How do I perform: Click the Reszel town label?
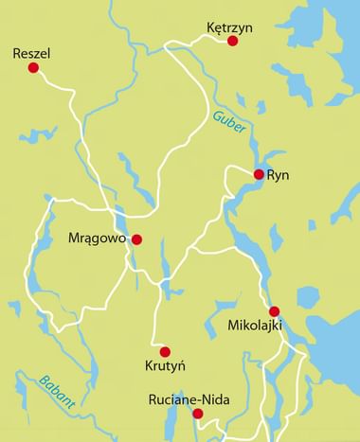(31, 53)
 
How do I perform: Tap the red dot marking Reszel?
(32, 68)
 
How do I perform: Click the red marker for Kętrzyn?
(232, 41)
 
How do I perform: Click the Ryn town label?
(278, 176)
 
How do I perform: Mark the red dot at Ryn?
(259, 174)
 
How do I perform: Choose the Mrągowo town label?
(99, 239)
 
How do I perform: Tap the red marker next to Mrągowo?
(136, 239)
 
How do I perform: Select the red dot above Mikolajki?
(274, 311)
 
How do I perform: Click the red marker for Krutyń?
(165, 351)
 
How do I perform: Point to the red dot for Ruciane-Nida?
(198, 414)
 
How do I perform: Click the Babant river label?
(58, 392)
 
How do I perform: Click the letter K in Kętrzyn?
(211, 29)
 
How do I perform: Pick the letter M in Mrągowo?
(76, 239)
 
